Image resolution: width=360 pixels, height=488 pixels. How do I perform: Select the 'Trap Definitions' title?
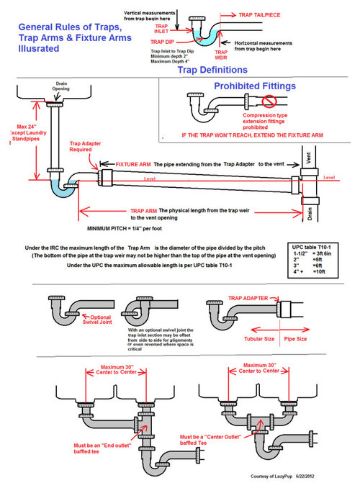pos(213,70)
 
